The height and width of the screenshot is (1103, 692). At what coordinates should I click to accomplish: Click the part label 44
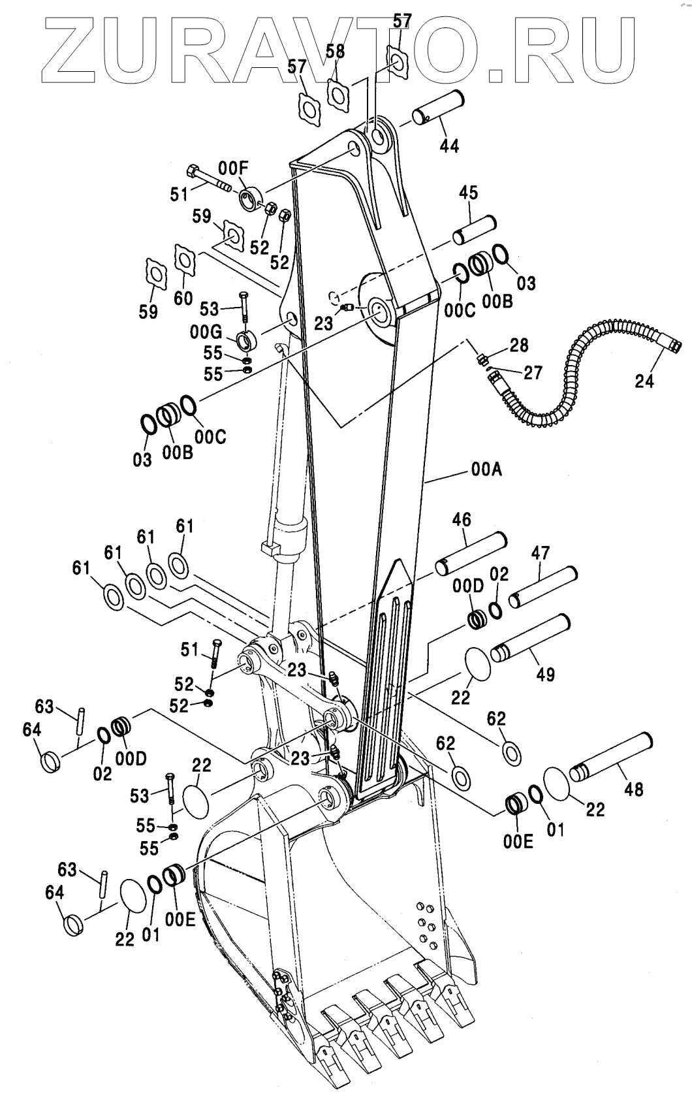pyautogui.click(x=449, y=145)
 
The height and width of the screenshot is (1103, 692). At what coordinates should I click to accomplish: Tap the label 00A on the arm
pyautogui.click(x=485, y=470)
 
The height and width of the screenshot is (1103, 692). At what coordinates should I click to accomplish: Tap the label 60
pyautogui.click(x=183, y=298)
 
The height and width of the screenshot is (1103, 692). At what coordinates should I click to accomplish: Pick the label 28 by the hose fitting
pyautogui.click(x=520, y=344)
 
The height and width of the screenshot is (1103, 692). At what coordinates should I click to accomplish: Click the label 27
pyautogui.click(x=533, y=372)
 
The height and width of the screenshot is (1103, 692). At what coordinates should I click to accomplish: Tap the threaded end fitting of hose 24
pyautogui.click(x=672, y=342)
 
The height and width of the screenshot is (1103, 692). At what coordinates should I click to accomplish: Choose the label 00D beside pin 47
pyautogui.click(x=467, y=586)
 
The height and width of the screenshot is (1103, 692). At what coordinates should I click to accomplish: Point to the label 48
pyautogui.click(x=633, y=790)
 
